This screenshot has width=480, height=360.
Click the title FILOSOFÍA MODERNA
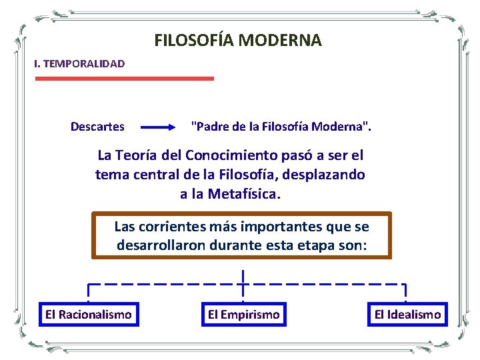coord(238,41)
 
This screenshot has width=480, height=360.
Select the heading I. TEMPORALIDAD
coord(79,64)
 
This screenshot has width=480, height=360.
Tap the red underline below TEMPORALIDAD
coord(124,78)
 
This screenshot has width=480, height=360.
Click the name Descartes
coord(97,126)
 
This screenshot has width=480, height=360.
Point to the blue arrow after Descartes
coord(159,126)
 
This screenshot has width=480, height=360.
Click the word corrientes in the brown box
coord(179,225)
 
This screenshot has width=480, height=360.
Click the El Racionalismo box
coord(88,314)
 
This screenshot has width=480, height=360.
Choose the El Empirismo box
coord(243,314)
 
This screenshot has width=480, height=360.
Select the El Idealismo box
coord(407,314)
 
